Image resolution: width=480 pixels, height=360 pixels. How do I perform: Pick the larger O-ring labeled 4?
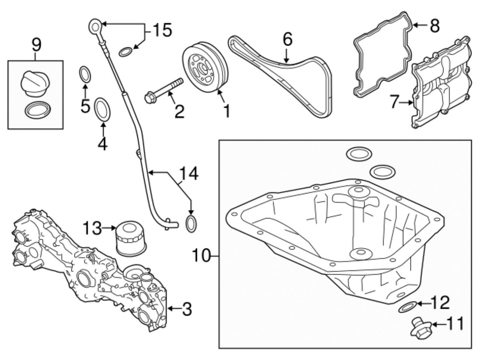point(102,109)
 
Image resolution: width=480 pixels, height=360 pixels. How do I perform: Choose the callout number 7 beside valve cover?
point(393,102)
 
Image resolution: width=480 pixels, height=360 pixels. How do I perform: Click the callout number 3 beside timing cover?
point(186,309)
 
